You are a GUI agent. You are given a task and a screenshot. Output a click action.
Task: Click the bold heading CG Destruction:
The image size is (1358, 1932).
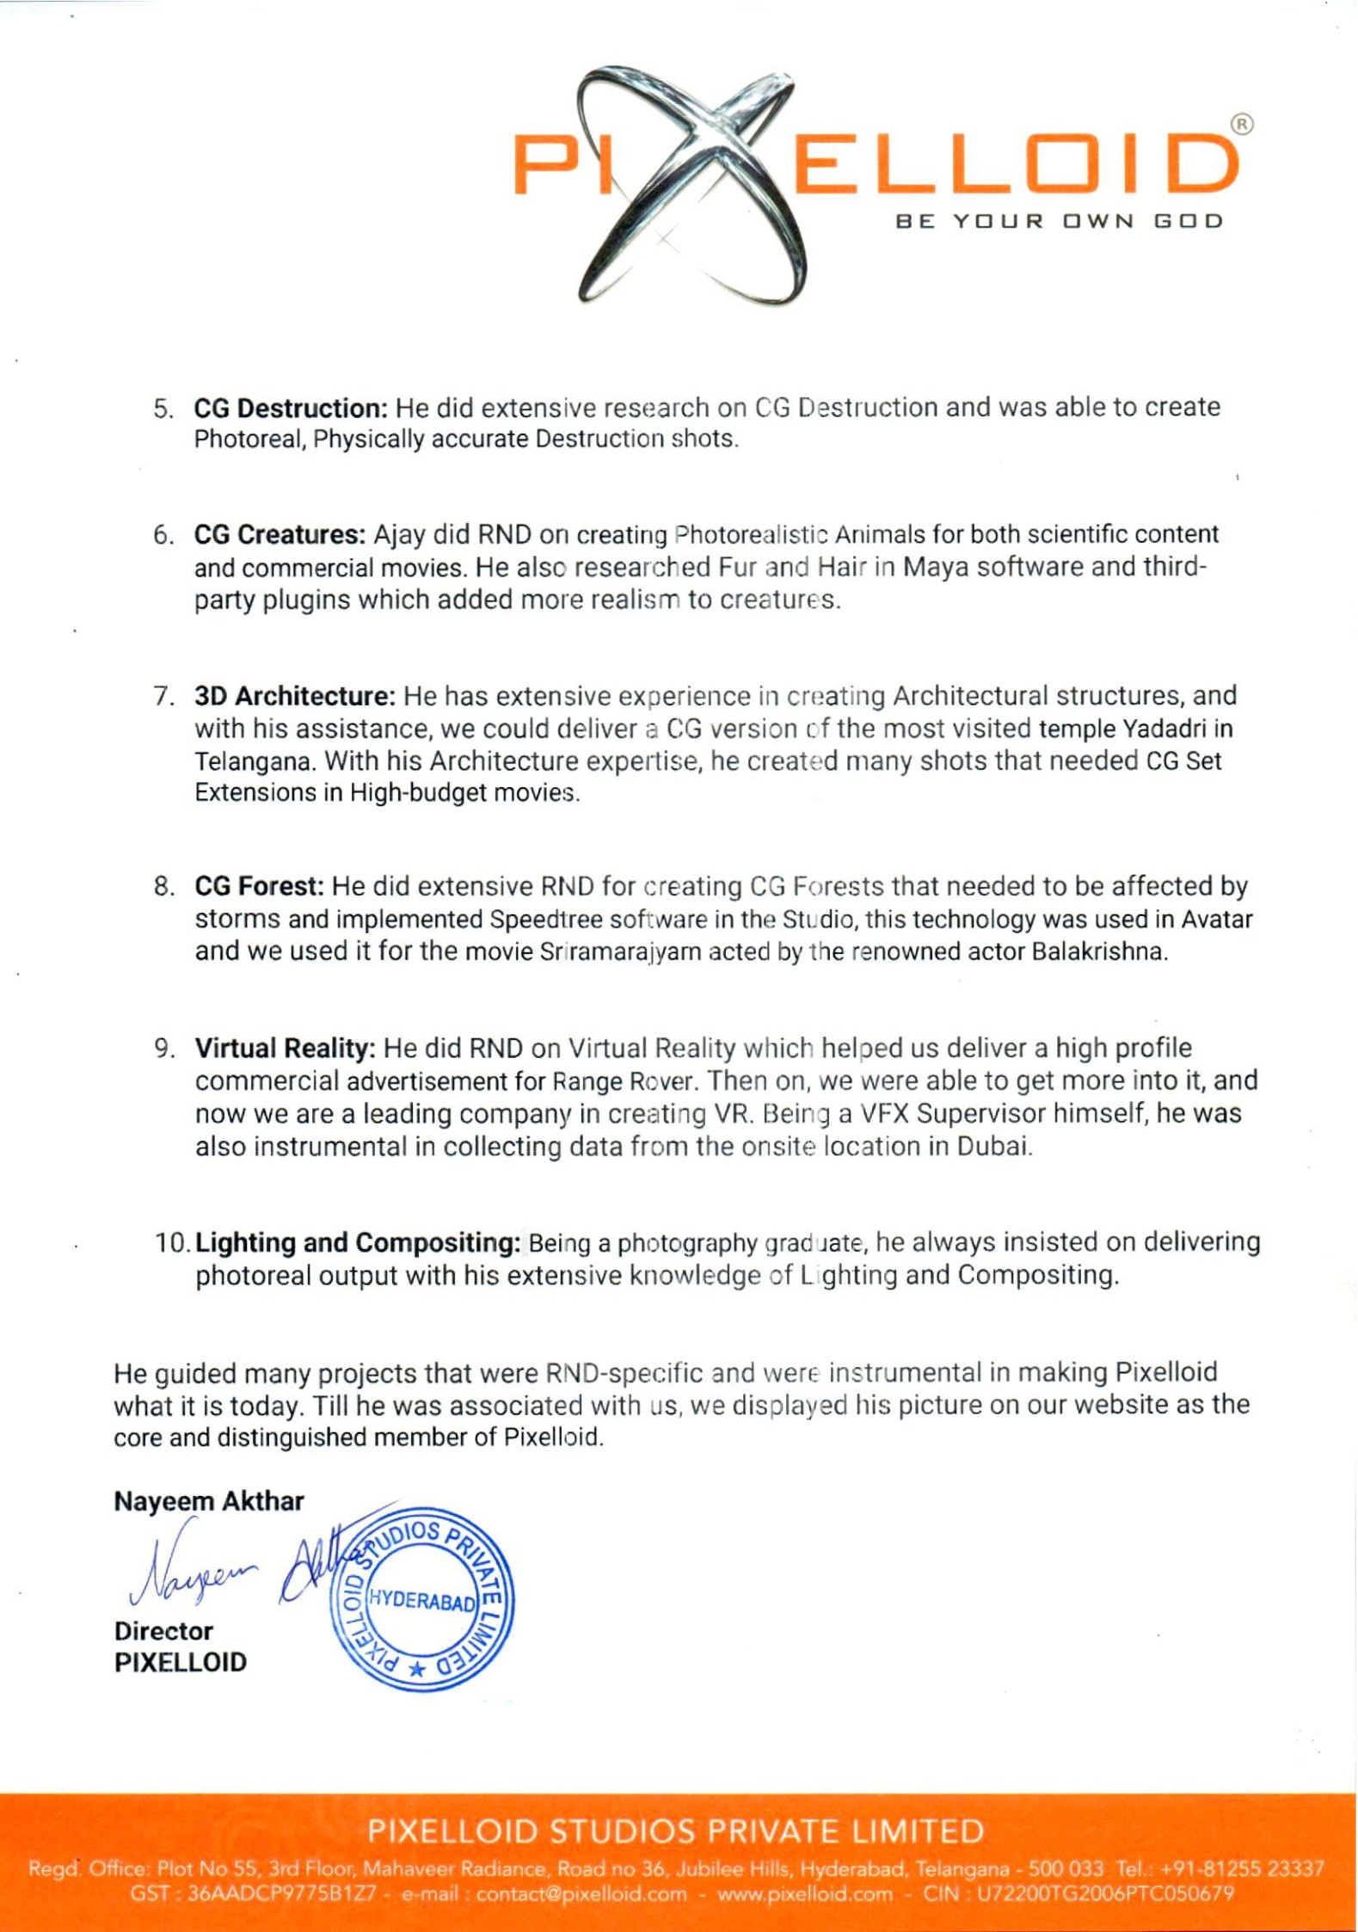[291, 407]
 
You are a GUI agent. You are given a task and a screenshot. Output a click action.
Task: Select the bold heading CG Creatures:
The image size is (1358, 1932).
[280, 534]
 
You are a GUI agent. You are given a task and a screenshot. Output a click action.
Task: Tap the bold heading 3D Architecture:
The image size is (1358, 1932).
[294, 695]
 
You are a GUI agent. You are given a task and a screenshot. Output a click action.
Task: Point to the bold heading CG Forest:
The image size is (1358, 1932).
[259, 886]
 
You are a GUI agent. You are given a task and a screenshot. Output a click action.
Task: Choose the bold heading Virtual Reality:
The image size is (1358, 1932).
[285, 1048]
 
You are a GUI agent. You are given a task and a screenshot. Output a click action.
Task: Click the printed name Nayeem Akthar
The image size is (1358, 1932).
[209, 1501]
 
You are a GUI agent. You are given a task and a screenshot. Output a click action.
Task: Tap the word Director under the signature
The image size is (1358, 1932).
[163, 1631]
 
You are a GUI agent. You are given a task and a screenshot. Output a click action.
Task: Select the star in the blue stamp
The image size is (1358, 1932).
[417, 1670]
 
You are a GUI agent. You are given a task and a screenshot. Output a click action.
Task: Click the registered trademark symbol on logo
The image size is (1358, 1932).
[1242, 125]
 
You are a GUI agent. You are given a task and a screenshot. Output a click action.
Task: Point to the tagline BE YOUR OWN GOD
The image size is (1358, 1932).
[1059, 221]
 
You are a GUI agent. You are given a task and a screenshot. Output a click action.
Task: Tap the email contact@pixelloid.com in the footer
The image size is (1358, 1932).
[581, 1893]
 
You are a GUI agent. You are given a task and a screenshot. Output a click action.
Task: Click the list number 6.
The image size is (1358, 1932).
[163, 535]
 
